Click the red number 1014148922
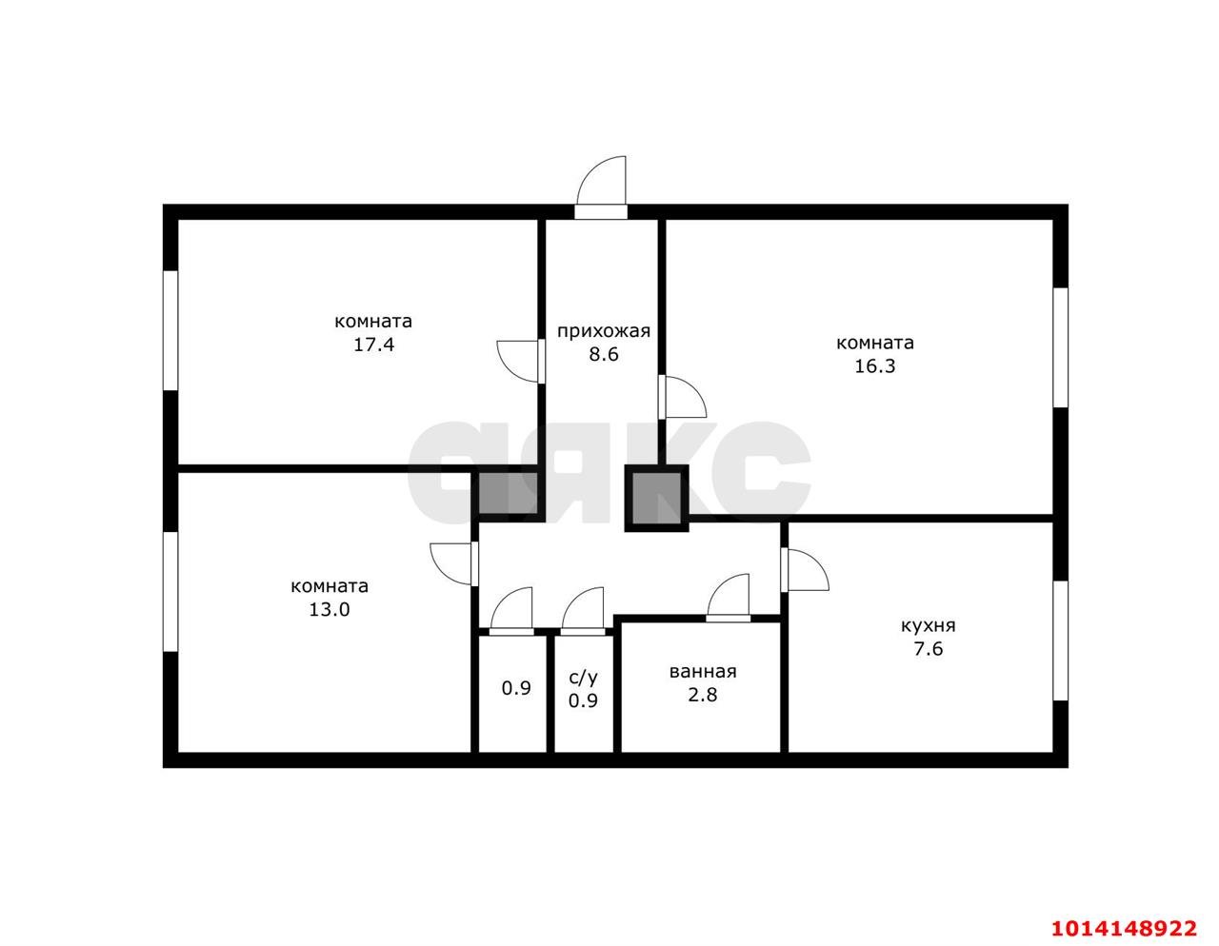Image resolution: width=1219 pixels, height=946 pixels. pos(1123,913)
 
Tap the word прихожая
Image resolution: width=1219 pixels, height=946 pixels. pos(604,332)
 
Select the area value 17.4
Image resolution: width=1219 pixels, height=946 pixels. pos(373,345)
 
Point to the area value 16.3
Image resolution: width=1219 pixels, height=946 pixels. pos(874,366)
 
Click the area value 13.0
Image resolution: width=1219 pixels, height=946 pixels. pos(330,609)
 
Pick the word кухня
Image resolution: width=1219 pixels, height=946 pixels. pos(929,626)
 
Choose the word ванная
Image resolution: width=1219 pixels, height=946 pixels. pos(702,672)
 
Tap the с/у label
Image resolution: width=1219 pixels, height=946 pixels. pos(584,678)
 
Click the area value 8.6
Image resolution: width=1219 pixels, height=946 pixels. pos(604,355)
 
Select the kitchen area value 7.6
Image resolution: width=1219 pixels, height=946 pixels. pos(929,649)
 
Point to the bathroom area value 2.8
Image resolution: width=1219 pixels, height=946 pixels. pos(702,695)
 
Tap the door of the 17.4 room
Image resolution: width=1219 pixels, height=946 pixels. pos(521,362)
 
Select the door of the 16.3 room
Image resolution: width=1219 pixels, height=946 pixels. pos(682,398)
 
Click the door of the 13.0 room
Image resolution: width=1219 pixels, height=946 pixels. pos(454,563)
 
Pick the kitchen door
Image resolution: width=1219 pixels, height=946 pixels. pos(805,570)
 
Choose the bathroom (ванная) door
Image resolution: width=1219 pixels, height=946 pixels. pos(729,598)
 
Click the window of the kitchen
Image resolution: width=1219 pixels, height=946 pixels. pos(1060,641)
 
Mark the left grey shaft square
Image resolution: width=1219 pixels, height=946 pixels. pos(509,493)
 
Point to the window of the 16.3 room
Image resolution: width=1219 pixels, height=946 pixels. pos(1060,347)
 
